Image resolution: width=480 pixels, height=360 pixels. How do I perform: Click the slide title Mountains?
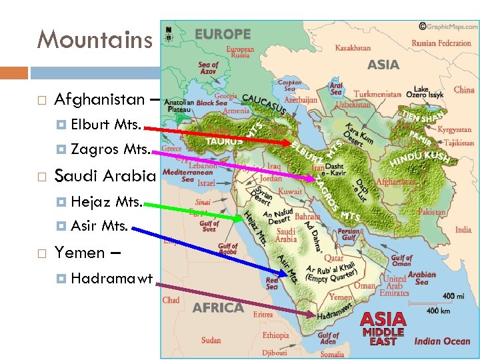point(95,40)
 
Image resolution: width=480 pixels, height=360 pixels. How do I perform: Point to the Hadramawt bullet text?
point(112,278)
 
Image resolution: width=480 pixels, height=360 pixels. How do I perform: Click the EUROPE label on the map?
point(223,34)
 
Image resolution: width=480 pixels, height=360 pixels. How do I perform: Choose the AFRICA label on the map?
point(218,308)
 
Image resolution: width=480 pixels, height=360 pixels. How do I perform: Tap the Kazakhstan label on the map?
point(353,48)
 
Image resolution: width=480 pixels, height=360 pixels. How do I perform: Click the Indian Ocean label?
point(442,341)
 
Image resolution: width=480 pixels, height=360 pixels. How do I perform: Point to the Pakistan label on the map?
point(432,212)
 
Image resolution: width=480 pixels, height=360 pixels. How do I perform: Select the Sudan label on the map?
point(211,340)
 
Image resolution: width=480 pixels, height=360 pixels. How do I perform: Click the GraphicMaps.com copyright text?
point(446,27)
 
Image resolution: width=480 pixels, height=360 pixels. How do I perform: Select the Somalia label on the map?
point(331,354)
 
